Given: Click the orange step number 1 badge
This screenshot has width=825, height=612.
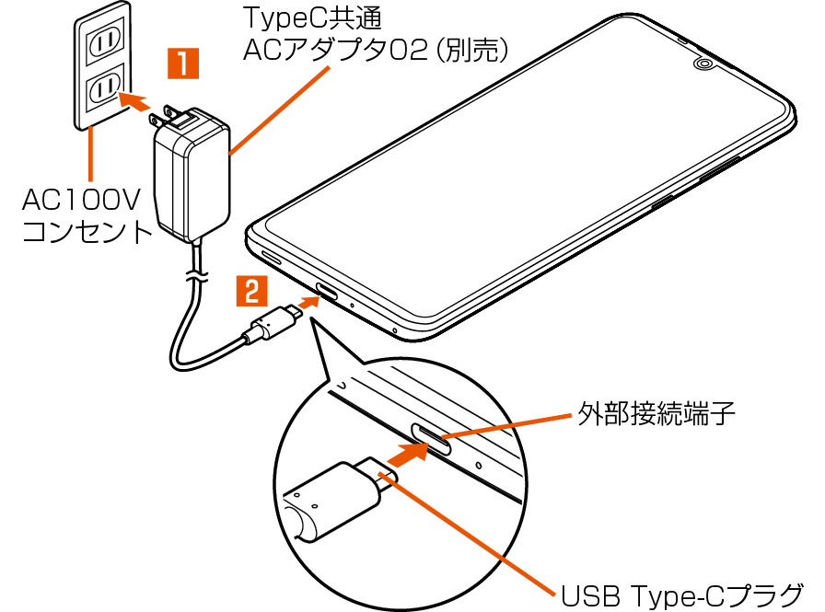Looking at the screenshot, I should pyautogui.click(x=182, y=64).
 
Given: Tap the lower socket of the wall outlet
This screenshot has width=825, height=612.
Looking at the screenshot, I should pyautogui.click(x=103, y=89).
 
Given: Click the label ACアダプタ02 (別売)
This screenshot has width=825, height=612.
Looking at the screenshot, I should pyautogui.click(x=376, y=50).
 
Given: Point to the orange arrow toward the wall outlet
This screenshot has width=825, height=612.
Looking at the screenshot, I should pyautogui.click(x=136, y=100).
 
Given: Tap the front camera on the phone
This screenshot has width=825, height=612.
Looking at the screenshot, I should pyautogui.click(x=703, y=65).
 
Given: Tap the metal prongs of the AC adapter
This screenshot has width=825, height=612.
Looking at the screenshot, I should pyautogui.click(x=172, y=117).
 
